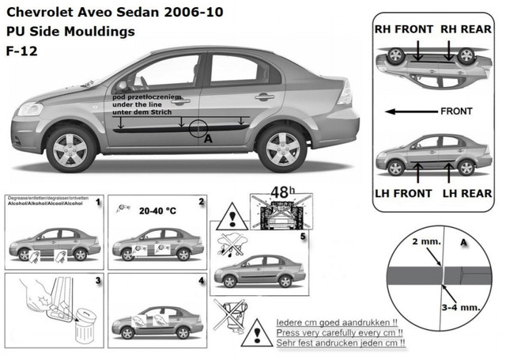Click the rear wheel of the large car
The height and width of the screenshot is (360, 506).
[281, 147]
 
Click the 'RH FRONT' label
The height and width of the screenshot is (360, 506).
[403, 29]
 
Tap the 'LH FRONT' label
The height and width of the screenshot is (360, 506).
[403, 193]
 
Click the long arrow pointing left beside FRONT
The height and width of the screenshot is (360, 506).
[408, 112]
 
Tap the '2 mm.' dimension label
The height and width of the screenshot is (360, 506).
[414, 238]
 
